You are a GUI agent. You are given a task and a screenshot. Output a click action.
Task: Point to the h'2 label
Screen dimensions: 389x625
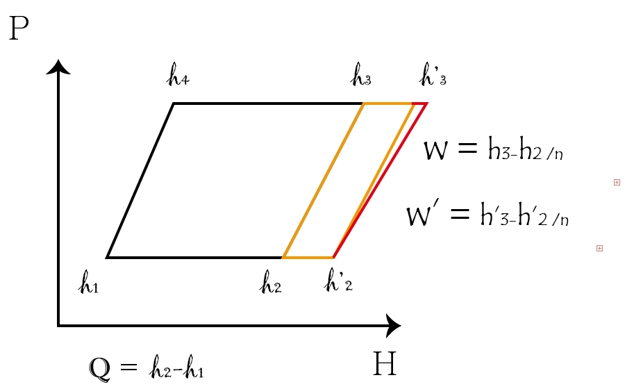pos(338,282)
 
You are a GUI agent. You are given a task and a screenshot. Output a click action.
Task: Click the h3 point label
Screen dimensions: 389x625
pos(360,76)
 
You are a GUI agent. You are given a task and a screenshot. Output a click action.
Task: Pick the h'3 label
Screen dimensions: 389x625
pos(433,76)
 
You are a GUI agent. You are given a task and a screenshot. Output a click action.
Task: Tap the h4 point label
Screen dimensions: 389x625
pos(178,76)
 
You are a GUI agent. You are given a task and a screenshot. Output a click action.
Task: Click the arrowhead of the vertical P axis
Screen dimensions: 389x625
pos(58,66)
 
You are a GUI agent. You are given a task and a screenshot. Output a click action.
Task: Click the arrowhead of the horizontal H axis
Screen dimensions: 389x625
pos(394,325)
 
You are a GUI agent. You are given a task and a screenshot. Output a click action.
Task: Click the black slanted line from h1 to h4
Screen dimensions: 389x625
pos(140,181)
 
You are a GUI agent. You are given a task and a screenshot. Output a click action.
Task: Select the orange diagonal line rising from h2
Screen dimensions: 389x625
pos(324,181)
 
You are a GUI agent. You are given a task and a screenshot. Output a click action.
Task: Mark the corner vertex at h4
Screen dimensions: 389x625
pos(174,104)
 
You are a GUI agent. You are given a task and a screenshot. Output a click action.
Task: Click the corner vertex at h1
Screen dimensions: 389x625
pos(107,258)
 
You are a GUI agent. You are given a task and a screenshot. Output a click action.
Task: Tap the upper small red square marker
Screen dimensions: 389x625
pos(617,182)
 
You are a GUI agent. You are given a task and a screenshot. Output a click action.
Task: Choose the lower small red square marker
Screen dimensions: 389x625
pos(599,248)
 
